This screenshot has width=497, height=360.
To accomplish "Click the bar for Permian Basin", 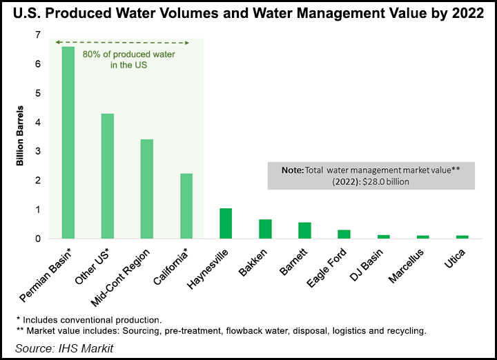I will click(x=68, y=143).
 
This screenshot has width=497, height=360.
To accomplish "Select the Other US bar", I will click(x=108, y=176).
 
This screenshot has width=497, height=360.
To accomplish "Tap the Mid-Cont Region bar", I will click(x=147, y=189).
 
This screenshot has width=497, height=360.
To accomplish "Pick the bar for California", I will click(x=186, y=206).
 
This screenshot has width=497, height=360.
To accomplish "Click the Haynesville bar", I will click(x=226, y=223).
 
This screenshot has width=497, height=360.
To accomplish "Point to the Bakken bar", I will click(x=265, y=229).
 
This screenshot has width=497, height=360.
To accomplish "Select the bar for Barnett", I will click(x=304, y=230).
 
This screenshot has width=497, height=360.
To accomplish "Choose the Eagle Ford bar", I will click(x=344, y=234).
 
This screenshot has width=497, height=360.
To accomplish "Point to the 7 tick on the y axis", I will click(x=37, y=35).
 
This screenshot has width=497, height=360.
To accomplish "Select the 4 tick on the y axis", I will click(x=37, y=123).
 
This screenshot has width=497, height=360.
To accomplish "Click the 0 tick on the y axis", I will click(x=37, y=239).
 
